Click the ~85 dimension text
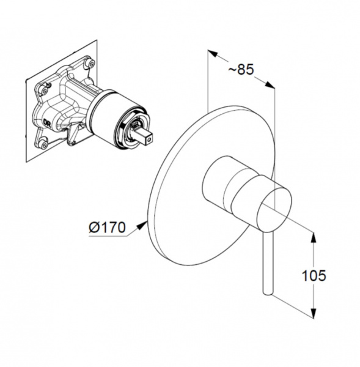[x=241, y=70]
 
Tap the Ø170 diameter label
[x=107, y=227]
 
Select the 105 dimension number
[x=314, y=275]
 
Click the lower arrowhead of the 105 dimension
[x=314, y=313]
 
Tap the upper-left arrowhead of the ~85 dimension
[x=213, y=54]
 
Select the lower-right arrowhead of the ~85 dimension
[x=270, y=84]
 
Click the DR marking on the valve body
[x=48, y=122]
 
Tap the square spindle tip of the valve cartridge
[x=145, y=137]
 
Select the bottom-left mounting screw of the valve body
[x=43, y=143]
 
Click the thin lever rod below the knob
[x=268, y=262]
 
